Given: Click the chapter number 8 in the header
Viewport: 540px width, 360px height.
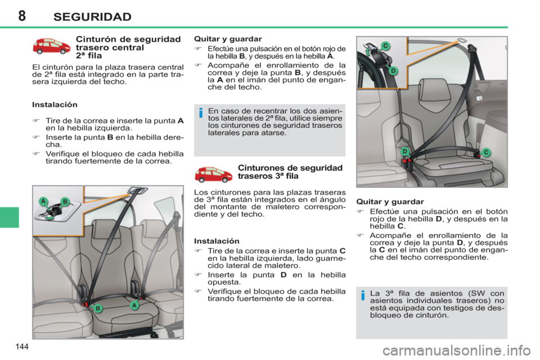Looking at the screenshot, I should click(21, 15).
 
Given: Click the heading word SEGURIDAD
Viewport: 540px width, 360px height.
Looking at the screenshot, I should click(92, 16).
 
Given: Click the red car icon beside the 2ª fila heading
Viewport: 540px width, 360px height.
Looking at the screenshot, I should click(51, 47).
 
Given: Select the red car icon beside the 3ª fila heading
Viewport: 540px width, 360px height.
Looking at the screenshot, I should click(213, 174).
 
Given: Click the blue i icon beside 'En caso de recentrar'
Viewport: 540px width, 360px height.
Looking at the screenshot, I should click(200, 115).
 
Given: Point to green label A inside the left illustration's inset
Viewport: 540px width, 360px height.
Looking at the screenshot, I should click(42, 201).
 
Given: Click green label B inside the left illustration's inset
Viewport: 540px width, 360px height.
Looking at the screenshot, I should click(65, 201).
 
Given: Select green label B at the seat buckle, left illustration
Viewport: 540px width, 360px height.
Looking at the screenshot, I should click(97, 308).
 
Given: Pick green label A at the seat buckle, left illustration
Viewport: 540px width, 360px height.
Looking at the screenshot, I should click(134, 304).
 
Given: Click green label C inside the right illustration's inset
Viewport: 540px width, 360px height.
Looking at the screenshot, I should click(386, 45).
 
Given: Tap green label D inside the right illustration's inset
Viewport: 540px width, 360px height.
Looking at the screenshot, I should click(394, 70).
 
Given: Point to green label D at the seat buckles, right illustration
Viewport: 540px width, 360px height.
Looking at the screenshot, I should click(404, 151).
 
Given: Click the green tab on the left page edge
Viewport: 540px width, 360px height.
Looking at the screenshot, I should click(10, 217).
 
